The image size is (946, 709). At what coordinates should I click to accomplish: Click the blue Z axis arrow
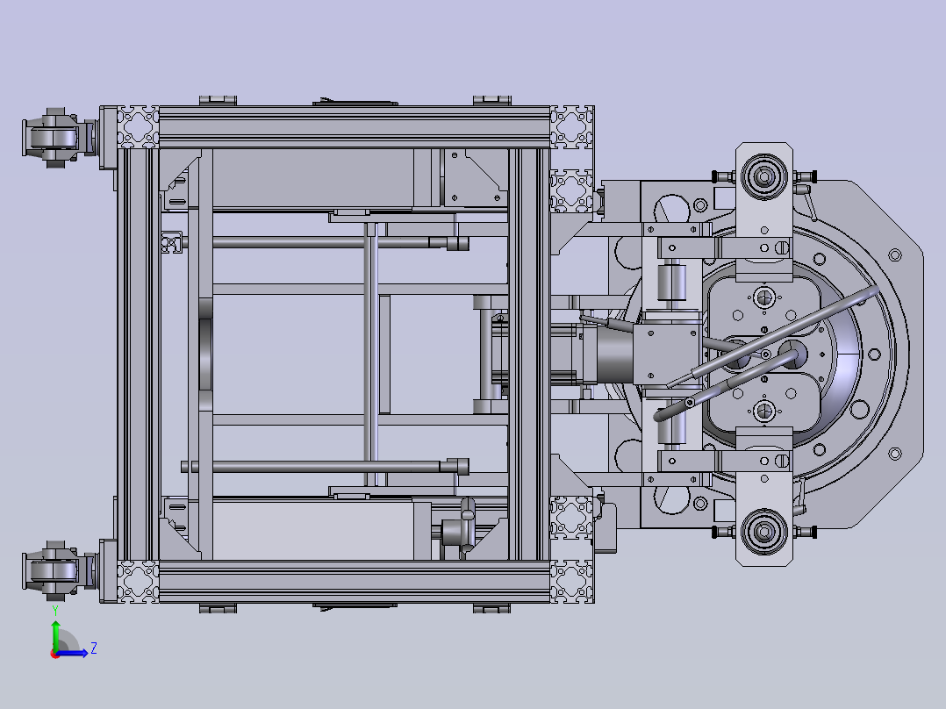72,653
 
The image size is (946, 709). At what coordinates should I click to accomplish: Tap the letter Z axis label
94,648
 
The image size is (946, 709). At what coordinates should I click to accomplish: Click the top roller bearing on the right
763,176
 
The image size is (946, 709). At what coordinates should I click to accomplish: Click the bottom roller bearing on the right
763,532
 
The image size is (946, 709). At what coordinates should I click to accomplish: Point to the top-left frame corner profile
138,126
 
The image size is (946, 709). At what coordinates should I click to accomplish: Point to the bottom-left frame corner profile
138,582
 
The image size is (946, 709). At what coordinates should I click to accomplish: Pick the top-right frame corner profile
572,126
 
